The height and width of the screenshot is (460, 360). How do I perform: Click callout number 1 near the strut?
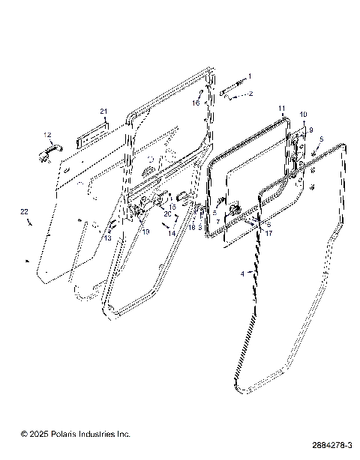250,76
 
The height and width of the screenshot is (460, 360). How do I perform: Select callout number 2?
250,94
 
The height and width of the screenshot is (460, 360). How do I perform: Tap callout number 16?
194,103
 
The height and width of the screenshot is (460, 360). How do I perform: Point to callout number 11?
281,109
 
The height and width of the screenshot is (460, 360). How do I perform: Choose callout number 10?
303,115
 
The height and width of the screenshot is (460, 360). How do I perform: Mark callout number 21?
104,112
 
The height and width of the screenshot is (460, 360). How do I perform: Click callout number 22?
23,213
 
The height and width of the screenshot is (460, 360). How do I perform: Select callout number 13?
107,238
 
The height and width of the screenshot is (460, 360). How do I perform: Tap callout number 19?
146,232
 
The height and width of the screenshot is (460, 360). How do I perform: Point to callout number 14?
172,234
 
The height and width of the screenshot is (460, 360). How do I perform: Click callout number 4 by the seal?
241,274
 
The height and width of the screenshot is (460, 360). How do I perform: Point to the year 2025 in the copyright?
41,434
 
